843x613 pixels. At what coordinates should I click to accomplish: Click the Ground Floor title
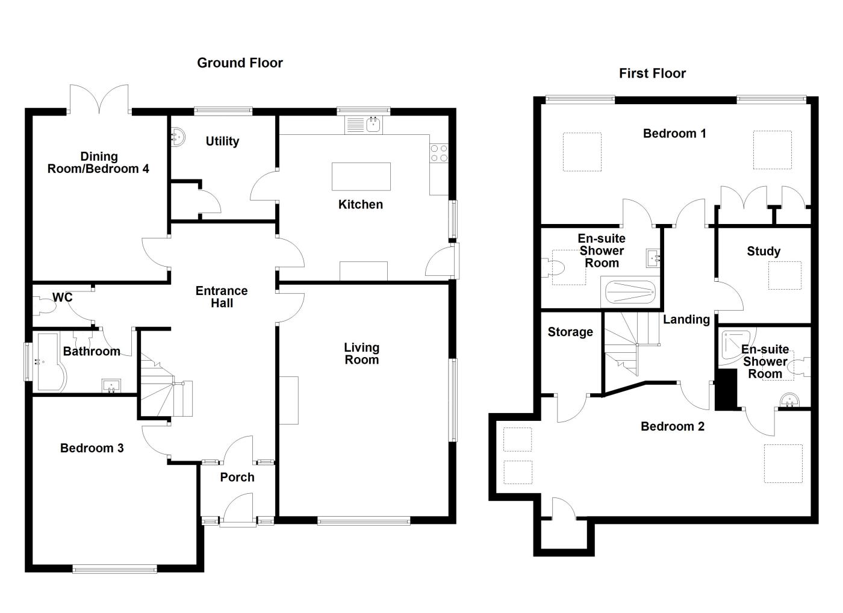(x=240, y=63)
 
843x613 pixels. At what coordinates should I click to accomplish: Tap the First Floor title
(x=652, y=73)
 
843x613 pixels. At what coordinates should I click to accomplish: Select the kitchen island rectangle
(x=361, y=176)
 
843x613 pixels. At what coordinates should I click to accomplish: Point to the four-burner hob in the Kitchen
(x=439, y=153)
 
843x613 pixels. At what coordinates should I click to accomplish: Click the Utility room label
(x=222, y=141)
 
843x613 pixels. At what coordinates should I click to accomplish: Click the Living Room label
(x=361, y=353)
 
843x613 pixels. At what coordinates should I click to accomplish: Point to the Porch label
(x=237, y=477)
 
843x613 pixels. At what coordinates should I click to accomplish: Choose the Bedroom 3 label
(x=92, y=447)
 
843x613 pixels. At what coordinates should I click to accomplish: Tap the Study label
(x=763, y=251)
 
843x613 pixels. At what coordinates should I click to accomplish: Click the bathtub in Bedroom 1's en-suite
(x=630, y=293)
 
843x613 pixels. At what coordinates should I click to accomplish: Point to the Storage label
(x=570, y=332)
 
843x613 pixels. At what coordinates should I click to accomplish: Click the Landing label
(x=686, y=319)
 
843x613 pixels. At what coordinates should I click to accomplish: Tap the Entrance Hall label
(x=222, y=297)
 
